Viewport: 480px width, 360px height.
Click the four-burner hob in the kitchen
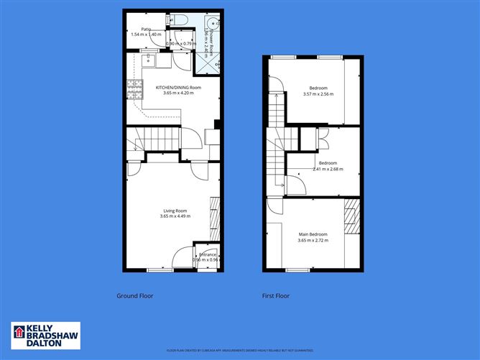point(134,89)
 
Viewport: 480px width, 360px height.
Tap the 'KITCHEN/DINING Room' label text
point(178,87)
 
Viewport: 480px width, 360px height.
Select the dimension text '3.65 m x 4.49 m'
point(175,216)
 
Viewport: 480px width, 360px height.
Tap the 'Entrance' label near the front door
point(208,254)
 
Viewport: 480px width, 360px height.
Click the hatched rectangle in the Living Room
point(213,218)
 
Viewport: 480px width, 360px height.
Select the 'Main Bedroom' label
point(313,235)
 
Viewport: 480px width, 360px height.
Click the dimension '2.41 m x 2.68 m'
point(328,170)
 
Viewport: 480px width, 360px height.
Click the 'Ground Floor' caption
point(135,295)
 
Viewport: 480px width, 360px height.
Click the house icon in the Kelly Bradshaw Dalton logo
point(19,333)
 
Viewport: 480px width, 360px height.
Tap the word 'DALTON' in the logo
point(45,343)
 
